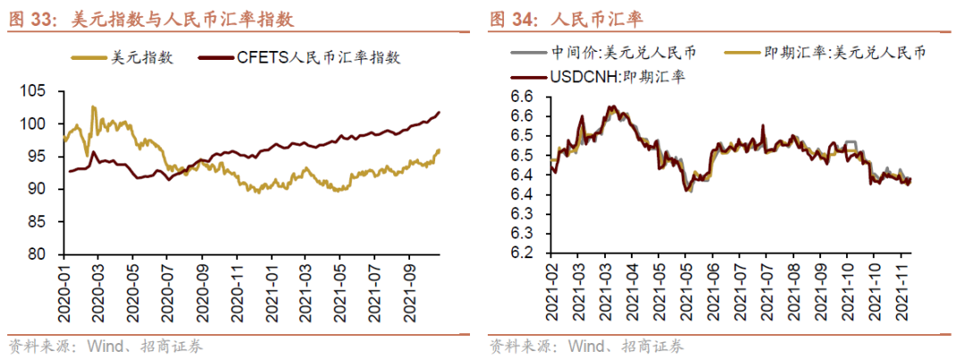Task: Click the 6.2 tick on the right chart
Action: [521, 254]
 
